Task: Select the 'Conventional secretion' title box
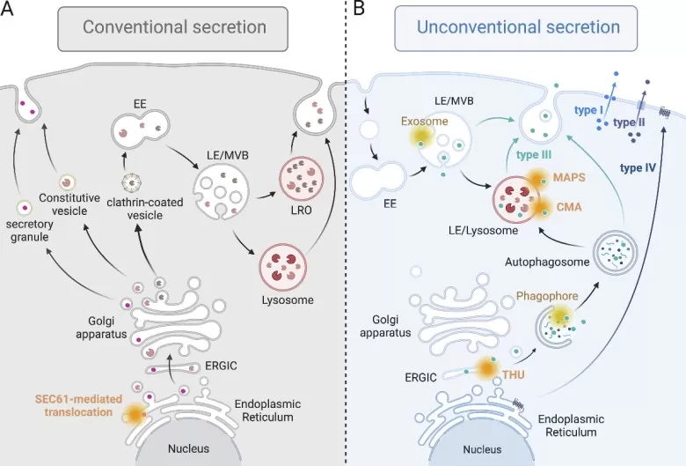tap(174, 27)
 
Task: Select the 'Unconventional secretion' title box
tap(518, 27)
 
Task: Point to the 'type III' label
tap(534, 155)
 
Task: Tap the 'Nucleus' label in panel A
tap(188, 448)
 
